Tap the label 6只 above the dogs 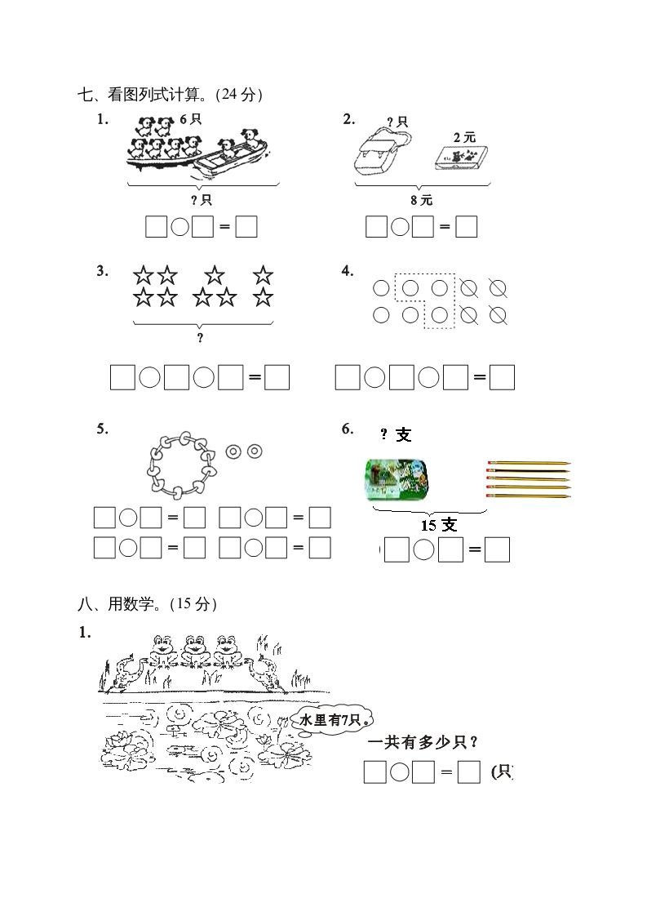(x=190, y=119)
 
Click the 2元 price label (x=463, y=138)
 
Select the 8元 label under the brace (x=422, y=199)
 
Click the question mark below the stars (x=200, y=338)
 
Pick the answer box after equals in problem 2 (x=466, y=227)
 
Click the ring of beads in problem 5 (x=181, y=463)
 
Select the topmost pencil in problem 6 (x=528, y=464)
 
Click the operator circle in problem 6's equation (x=423, y=551)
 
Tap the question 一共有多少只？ (x=423, y=742)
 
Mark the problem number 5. (x=102, y=429)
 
